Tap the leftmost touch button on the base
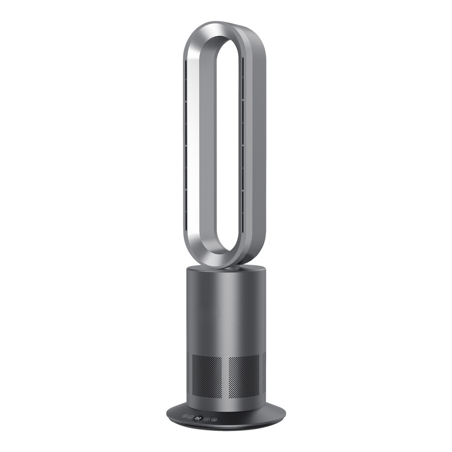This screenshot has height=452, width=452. [x=185, y=416]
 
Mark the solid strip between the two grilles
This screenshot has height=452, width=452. [x=225, y=377]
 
